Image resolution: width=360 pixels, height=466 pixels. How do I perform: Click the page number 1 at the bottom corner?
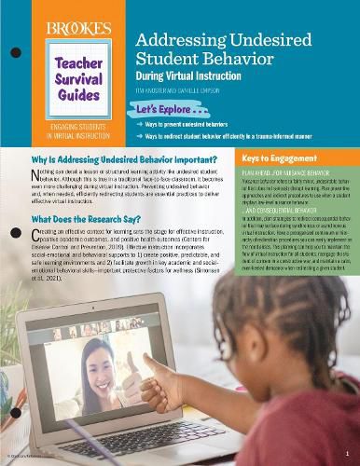pos(347,451)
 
